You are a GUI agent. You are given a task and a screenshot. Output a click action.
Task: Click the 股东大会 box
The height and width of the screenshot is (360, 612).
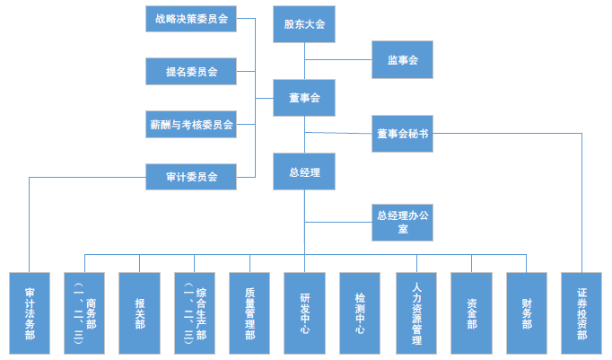click(304, 24)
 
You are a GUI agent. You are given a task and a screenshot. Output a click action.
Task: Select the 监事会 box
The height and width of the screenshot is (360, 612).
click(403, 61)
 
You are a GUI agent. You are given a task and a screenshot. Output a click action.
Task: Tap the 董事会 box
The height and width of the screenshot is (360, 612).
click(304, 97)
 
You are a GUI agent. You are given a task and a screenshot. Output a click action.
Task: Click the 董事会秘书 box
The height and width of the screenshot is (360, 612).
click(403, 134)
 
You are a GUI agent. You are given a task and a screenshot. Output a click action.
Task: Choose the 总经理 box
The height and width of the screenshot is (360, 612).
click(304, 171)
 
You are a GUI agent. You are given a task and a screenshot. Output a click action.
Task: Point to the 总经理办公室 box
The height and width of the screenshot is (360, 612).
click(403, 222)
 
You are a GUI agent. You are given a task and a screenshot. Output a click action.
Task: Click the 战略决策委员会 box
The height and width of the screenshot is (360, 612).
click(191, 18)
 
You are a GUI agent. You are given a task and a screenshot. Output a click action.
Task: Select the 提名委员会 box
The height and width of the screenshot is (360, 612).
click(191, 71)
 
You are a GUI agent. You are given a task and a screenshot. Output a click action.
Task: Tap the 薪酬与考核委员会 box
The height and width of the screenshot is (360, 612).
click(191, 124)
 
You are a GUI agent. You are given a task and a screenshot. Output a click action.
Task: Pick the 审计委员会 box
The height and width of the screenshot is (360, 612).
click(191, 177)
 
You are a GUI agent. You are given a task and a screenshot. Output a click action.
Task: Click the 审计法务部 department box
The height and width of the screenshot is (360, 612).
click(30, 312)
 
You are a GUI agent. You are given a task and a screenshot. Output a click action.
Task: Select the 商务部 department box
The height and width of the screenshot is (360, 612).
click(85, 312)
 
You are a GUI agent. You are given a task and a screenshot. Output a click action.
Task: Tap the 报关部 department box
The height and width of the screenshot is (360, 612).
click(140, 312)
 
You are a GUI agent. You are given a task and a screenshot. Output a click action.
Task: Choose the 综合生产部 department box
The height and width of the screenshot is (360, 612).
click(195, 312)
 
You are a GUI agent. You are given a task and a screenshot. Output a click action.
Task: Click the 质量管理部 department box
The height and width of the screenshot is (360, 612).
click(249, 312)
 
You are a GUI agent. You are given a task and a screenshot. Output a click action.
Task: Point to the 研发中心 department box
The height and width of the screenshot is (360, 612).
click(305, 312)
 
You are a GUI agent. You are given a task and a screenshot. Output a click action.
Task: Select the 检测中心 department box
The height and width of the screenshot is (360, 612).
click(360, 312)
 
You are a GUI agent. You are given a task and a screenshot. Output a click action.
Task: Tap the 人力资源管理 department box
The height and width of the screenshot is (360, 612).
click(415, 312)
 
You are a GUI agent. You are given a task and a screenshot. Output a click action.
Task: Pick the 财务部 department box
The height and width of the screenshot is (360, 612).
click(527, 312)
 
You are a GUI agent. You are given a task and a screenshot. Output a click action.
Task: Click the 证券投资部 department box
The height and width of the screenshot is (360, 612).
click(582, 312)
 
